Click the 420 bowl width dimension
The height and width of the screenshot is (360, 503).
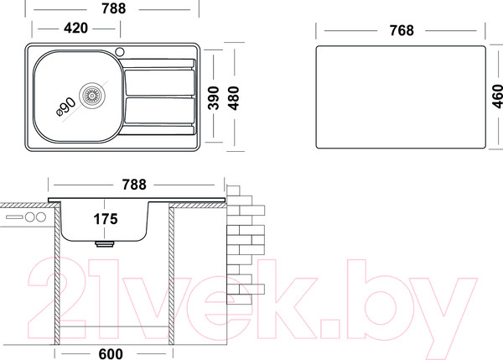pyautogui.click(x=75, y=29)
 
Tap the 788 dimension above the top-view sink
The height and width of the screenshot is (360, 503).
pyautogui.click(x=113, y=8)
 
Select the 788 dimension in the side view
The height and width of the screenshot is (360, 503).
pyautogui.click(x=134, y=185)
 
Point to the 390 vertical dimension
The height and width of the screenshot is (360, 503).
pyautogui.click(x=214, y=98)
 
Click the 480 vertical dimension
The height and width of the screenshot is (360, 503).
pyautogui.click(x=234, y=98)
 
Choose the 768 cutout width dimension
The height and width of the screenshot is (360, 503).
pyautogui.click(x=402, y=30)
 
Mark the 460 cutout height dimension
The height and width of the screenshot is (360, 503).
pyautogui.click(x=497, y=97)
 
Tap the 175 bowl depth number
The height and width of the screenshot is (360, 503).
pyautogui.click(x=106, y=219)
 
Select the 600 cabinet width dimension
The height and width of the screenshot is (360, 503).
pyautogui.click(x=111, y=354)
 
